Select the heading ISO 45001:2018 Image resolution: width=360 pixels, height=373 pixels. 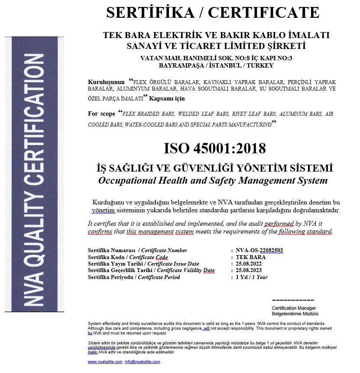point(214,148)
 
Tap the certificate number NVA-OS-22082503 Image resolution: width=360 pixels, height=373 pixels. point(259,250)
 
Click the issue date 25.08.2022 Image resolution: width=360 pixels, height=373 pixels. point(249,263)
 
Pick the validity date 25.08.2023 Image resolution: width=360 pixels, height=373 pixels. point(249,270)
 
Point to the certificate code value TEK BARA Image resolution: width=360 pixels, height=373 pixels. point(248,257)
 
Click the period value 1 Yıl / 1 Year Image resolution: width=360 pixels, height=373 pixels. point(251,277)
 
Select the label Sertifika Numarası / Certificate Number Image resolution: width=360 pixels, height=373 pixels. point(137,250)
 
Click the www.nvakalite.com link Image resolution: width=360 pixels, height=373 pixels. point(105,361)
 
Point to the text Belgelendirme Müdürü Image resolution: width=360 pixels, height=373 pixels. point(295,314)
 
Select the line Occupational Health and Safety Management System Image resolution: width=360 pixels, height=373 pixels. point(213,180)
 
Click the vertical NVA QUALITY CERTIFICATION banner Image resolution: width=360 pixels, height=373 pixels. point(34,173)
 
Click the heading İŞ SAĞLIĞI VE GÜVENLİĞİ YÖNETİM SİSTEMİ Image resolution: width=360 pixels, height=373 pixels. point(214,168)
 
